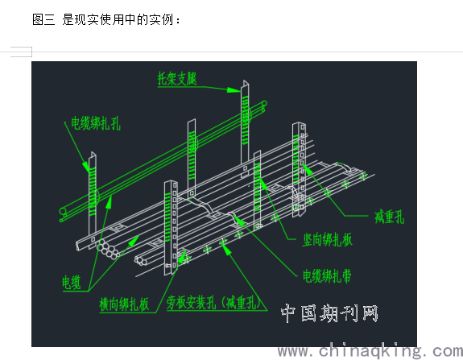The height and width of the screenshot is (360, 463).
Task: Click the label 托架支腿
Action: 177,78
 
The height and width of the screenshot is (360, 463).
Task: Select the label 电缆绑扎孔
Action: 96,123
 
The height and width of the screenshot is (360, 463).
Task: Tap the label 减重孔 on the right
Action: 389,217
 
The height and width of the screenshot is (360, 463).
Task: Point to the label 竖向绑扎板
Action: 327,239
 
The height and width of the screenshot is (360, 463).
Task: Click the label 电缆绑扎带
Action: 327,276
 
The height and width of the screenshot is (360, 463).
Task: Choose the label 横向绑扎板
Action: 124,304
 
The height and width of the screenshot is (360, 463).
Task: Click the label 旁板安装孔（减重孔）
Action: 214,302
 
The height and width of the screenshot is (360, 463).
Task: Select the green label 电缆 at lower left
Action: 72,283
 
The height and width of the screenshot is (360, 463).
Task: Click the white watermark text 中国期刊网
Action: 329,313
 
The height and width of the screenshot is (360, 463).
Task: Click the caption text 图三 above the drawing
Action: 43,19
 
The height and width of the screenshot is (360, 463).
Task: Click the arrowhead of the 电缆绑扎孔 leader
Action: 87,169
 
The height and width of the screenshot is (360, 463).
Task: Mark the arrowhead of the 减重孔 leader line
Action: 304,166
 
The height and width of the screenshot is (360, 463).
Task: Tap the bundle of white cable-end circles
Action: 108,250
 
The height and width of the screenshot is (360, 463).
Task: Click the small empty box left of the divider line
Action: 21,52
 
